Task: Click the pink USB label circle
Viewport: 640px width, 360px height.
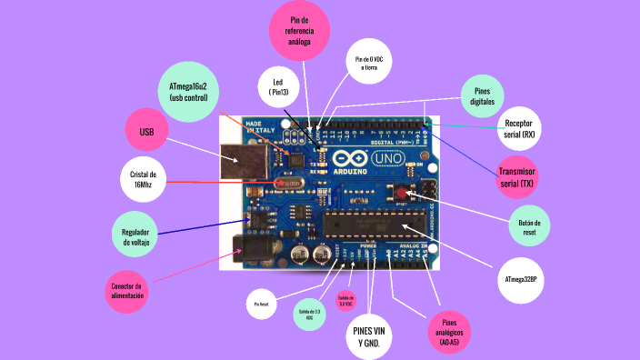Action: [147, 132]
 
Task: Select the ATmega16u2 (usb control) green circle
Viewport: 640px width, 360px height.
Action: [188, 91]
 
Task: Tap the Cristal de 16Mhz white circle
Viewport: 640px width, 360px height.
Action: [143, 178]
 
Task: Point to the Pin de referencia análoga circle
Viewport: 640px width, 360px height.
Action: [299, 31]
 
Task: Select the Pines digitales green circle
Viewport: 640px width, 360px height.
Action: [482, 96]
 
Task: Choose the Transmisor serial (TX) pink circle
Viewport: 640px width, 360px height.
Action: [518, 178]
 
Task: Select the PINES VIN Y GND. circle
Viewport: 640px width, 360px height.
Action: [369, 336]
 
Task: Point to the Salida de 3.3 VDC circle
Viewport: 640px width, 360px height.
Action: [309, 314]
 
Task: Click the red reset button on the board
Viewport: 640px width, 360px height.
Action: [401, 193]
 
